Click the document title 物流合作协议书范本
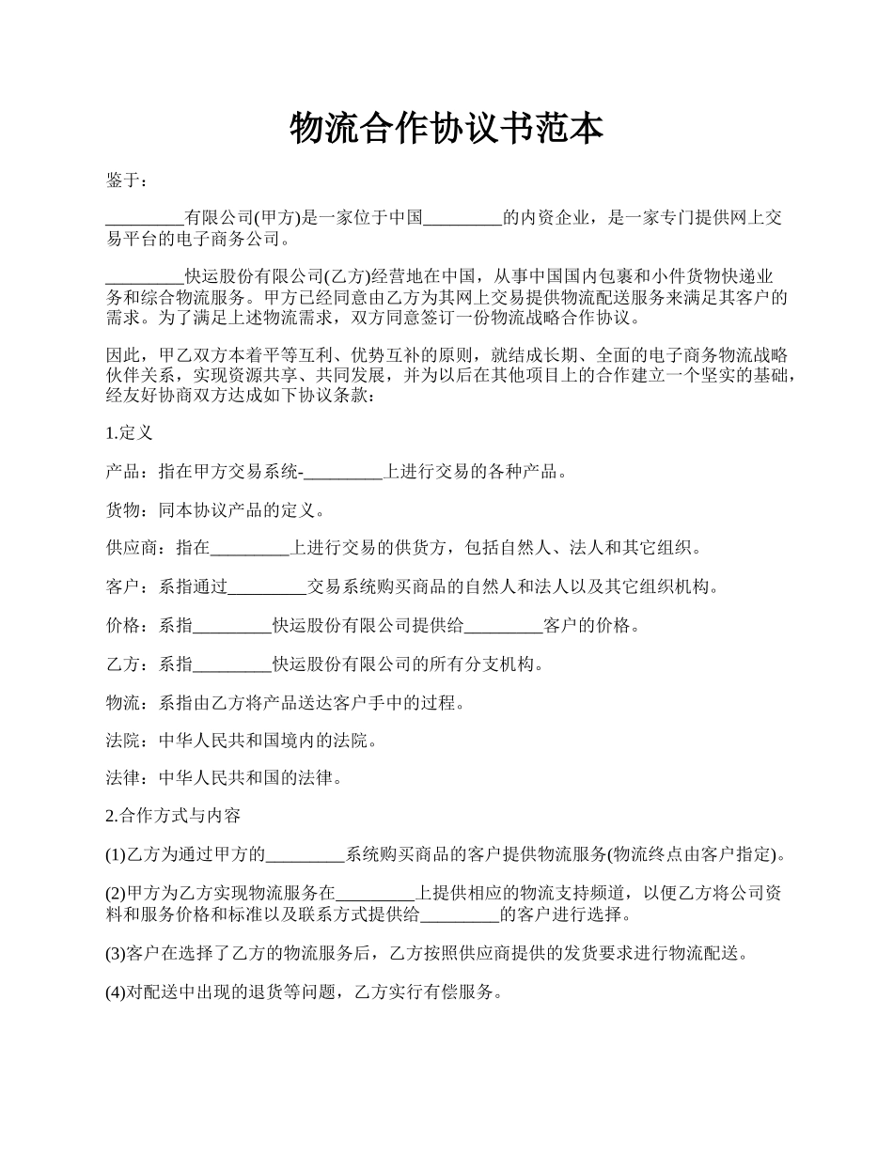(446, 130)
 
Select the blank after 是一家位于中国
(463, 219)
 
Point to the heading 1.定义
(130, 433)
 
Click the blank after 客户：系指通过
(268, 587)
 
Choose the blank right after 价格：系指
(232, 626)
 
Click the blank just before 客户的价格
(504, 626)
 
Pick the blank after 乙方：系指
(232, 664)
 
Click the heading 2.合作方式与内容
(174, 816)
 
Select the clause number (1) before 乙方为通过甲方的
(116, 855)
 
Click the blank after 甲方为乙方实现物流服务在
(375, 894)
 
